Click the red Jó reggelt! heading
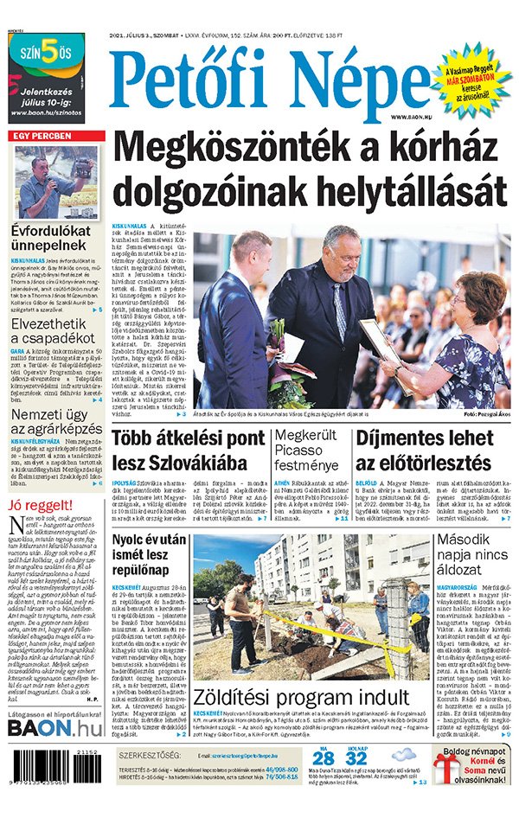tap(40, 505)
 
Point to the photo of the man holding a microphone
tap(56, 182)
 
